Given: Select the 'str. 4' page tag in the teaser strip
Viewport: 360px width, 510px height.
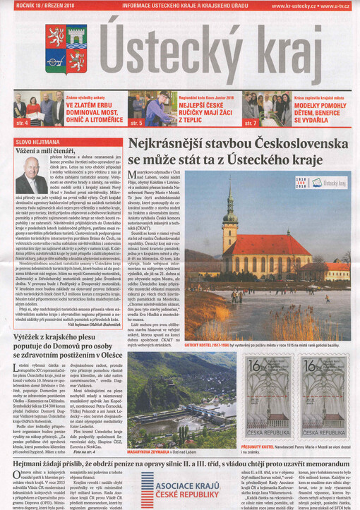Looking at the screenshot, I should click(x=23, y=123).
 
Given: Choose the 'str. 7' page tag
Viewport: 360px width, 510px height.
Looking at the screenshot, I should click(x=251, y=123).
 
